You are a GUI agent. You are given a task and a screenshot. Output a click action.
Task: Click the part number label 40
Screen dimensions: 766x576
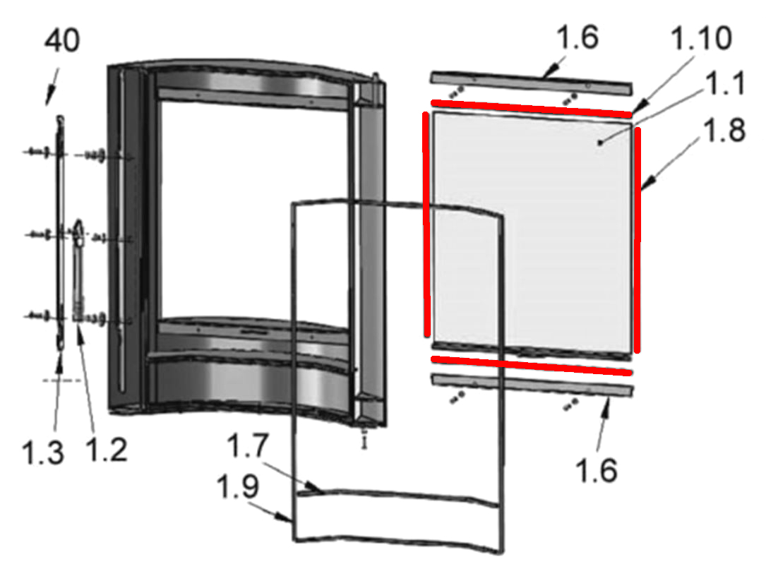coord(62,41)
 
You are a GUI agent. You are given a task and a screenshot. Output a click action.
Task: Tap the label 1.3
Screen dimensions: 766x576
coord(43,452)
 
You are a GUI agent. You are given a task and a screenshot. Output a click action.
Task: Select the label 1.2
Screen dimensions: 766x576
coord(106,450)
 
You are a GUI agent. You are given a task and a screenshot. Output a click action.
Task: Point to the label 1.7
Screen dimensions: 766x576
coord(248,445)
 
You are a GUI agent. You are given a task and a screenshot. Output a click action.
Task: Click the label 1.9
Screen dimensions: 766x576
coord(238,486)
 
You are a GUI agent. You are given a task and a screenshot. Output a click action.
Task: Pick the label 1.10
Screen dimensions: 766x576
coord(702,38)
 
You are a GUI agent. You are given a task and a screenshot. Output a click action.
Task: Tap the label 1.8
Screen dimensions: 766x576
coord(724,130)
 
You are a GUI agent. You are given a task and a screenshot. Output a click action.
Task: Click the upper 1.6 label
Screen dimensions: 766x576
coord(578,37)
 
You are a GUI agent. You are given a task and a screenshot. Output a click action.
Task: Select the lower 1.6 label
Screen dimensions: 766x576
coord(597,471)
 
